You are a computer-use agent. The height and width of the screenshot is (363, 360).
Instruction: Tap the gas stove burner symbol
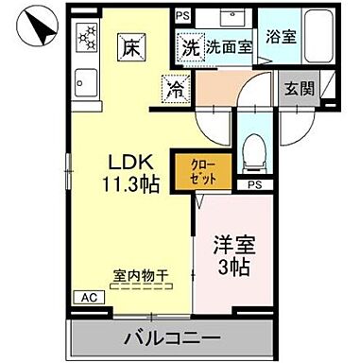pyautogui.click(x=89, y=38)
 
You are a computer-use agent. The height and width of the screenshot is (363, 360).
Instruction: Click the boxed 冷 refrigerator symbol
pyautogui.click(x=175, y=90)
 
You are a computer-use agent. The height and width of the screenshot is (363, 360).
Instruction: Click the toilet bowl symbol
pyautogui.click(x=252, y=151)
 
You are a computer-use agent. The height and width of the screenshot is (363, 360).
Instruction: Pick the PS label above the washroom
pyautogui.click(x=184, y=17)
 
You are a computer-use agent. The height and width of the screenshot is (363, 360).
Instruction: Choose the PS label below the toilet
pyautogui.click(x=254, y=184)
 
